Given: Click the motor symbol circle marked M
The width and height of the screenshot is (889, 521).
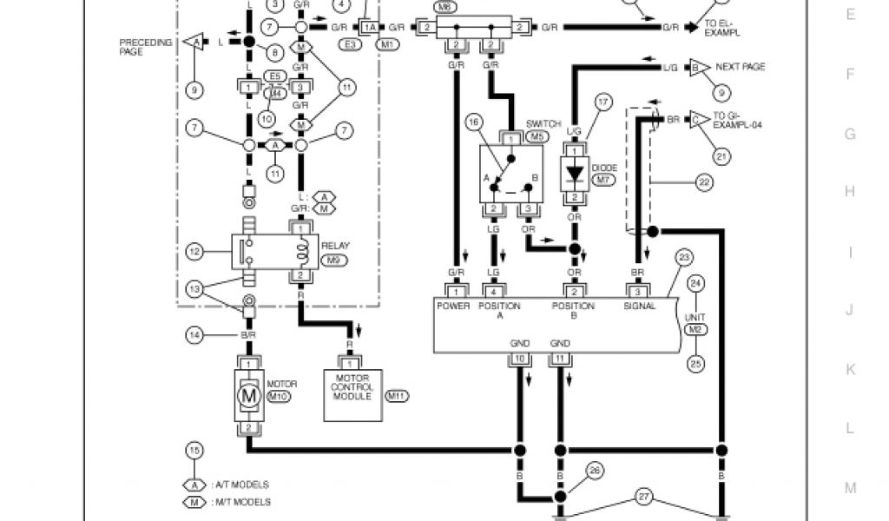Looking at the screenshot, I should tap(249, 395).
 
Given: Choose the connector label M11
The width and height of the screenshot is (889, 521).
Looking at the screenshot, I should tap(396, 396).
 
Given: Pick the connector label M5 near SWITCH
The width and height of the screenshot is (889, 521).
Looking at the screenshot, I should tap(540, 136).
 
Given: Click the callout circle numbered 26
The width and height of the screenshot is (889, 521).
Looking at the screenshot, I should tap(594, 472).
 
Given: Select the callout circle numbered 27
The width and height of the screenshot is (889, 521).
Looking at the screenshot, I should tap(643, 497).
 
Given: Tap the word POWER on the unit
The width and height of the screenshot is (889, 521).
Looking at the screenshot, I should tap(453, 306).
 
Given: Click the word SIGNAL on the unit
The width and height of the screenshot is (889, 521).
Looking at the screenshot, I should tap(640, 306).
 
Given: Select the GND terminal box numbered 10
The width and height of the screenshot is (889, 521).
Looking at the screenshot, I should tap(519, 358).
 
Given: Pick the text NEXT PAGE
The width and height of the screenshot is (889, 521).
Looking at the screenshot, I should tap(740, 67).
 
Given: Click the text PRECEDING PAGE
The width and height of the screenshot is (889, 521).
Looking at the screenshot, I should tap(144, 46).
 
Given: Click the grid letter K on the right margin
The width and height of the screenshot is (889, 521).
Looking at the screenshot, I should tap(850, 370).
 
